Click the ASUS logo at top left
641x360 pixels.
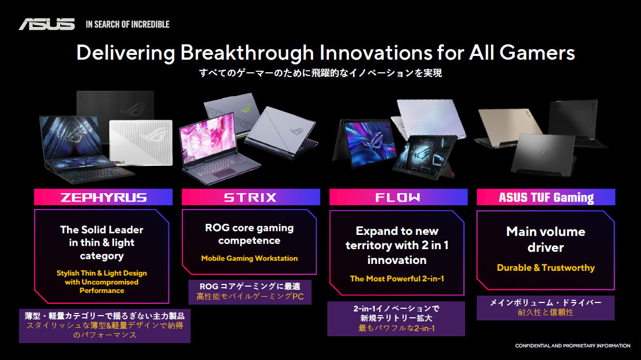point(47,24)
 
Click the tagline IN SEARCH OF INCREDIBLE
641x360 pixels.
point(128,24)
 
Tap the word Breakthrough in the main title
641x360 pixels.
point(247,53)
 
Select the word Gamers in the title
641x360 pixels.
point(537,53)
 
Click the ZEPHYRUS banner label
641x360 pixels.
point(103,197)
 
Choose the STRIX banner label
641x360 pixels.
point(250,197)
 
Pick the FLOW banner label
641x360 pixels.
point(398,197)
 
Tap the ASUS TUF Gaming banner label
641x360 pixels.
point(546,197)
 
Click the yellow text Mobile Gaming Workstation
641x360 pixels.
point(249,258)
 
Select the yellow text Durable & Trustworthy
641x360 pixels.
point(546,268)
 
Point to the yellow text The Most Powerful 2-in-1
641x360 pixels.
point(397,278)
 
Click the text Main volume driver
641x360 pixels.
point(546,239)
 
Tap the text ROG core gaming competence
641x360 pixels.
point(249,234)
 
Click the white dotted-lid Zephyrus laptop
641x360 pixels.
point(141,142)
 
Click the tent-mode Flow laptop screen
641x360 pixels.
point(370,144)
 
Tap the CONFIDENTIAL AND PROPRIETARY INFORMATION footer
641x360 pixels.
point(572,346)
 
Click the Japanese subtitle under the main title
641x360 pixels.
point(320,73)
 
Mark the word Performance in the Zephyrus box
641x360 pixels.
point(102,290)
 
